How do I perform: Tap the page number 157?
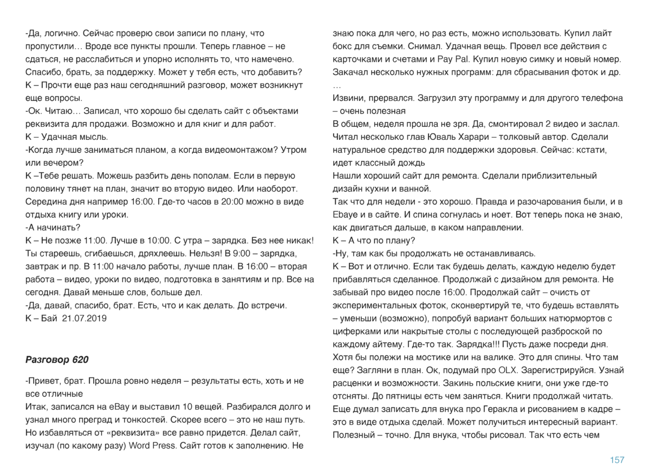tap(617, 460)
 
